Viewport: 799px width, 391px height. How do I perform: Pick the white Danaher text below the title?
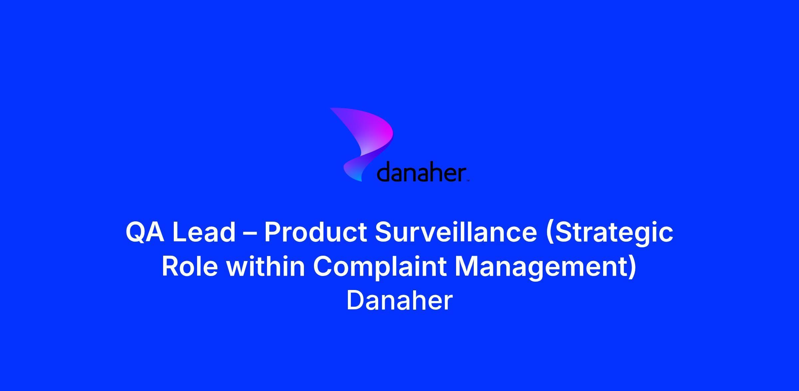[400, 300]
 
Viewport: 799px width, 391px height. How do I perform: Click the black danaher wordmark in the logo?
[421, 172]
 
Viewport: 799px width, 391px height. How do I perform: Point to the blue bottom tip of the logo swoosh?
[361, 180]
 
